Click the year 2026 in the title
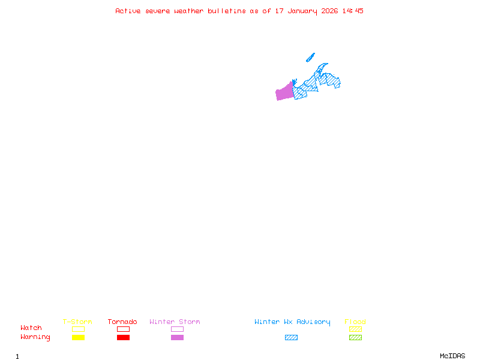point(329,11)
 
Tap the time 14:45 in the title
point(353,11)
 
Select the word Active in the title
point(128,11)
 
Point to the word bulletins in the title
point(227,11)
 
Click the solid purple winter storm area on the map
point(284,92)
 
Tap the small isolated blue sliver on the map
point(310,57)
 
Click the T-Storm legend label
point(77,322)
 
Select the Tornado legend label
point(122,322)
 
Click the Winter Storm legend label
point(175,322)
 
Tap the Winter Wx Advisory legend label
point(292,322)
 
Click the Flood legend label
point(355,322)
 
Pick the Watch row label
point(31,328)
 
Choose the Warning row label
point(35,337)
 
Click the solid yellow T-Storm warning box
point(79,337)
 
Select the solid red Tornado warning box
point(124,337)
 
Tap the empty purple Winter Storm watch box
point(177,329)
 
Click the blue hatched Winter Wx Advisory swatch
point(291,337)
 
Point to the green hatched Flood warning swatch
point(355,337)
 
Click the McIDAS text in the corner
point(452,356)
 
